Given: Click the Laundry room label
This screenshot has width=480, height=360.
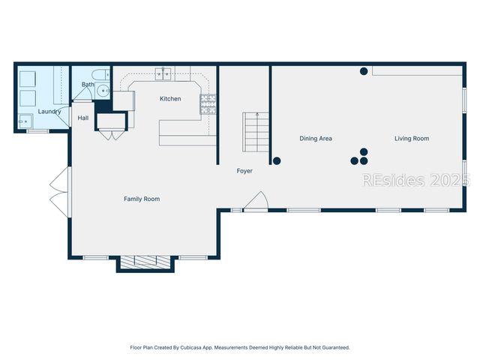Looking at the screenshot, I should click(49, 112).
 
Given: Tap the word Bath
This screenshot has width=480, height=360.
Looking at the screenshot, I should click(88, 85).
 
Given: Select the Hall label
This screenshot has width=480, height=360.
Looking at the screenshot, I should click(83, 118).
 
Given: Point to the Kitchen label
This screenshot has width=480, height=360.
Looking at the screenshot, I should click(170, 99).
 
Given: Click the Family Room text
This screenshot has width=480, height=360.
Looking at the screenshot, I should click(142, 199).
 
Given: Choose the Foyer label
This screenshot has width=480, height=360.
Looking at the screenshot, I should click(244, 171).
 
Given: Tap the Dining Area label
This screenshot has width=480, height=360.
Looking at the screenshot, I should click(316, 139).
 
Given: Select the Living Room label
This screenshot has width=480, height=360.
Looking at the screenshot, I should click(412, 139).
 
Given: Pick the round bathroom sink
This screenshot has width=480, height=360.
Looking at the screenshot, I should click(103, 92).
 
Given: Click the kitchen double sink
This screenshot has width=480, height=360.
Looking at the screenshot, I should click(165, 73).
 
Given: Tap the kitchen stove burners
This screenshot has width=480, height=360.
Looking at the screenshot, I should click(208, 104).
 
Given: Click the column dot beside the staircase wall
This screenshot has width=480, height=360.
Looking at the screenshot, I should click(277, 160).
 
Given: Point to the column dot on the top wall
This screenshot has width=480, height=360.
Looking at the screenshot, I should click(364, 71).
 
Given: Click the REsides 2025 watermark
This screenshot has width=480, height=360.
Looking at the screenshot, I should click(416, 180).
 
